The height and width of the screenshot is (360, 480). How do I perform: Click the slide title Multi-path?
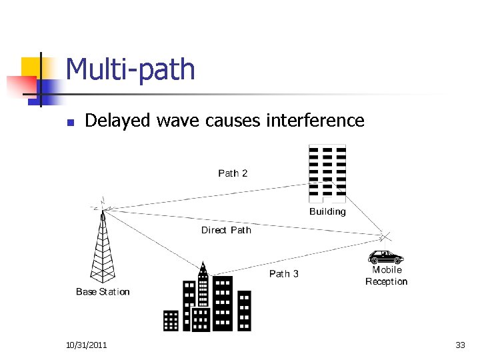[131, 70]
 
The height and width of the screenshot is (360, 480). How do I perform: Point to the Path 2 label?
[233, 173]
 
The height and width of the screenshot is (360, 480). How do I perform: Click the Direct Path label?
[226, 230]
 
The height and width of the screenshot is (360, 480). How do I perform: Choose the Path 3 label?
[284, 273]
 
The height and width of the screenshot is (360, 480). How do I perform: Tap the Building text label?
[327, 211]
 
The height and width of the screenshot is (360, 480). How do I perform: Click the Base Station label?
[103, 291]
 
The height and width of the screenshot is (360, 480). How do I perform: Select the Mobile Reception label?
[387, 275]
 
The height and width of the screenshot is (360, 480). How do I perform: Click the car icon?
[387, 257]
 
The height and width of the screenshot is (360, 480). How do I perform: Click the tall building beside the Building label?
[327, 173]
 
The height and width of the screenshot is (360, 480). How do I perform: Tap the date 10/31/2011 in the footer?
[87, 345]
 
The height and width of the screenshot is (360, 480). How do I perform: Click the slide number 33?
[460, 345]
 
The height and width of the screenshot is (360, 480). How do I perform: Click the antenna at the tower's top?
[102, 202]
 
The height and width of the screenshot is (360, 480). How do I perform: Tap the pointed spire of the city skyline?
[203, 268]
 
